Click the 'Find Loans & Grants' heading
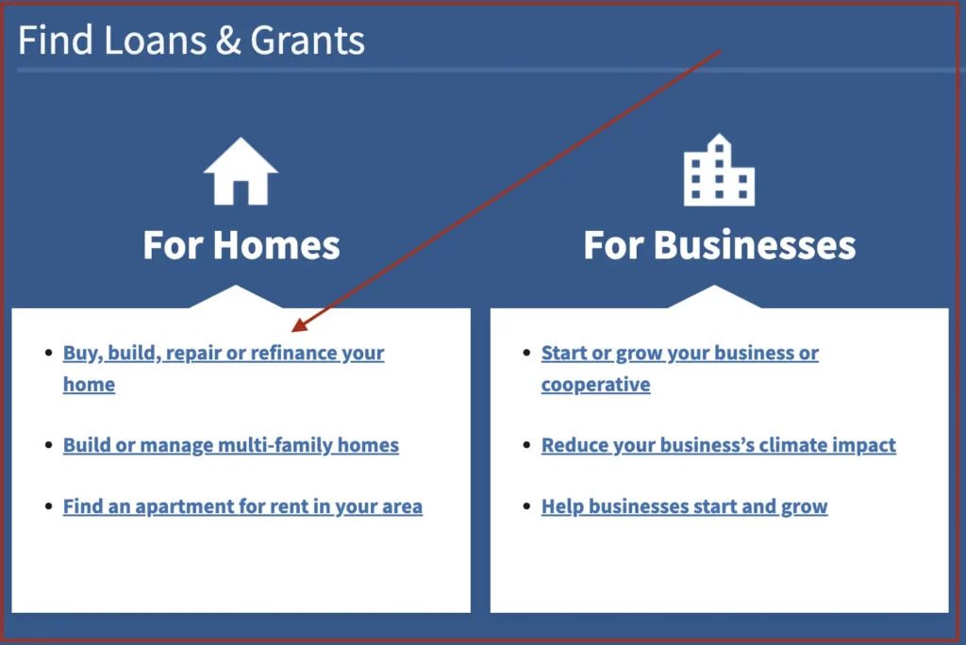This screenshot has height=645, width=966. (191, 41)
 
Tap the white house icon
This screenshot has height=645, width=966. (241, 172)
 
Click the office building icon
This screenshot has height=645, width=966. (719, 170)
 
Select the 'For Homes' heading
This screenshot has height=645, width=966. (241, 245)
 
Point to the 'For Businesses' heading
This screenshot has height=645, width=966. (720, 245)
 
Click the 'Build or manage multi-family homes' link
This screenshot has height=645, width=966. (231, 445)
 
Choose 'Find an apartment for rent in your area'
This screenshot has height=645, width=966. (242, 506)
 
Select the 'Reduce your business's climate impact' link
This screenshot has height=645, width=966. (718, 445)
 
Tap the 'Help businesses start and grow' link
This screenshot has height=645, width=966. (685, 506)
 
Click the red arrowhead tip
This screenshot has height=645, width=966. (292, 331)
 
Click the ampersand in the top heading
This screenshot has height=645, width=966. (228, 41)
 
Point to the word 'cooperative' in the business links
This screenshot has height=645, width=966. (596, 385)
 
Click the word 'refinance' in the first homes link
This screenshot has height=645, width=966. (295, 353)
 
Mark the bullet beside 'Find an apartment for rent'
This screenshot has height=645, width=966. (49, 505)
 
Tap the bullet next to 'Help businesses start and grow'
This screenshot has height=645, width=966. (526, 505)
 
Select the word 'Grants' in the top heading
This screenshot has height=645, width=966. (308, 41)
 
